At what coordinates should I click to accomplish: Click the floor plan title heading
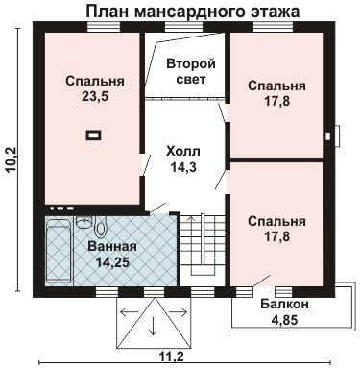coord(193,11)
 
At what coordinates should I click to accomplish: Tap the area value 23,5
coord(95,96)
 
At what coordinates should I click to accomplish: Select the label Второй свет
coord(191,71)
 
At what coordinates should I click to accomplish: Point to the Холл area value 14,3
coord(183,167)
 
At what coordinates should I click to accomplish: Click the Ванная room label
coord(112,247)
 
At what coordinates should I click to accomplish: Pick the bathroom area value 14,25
coord(113,262)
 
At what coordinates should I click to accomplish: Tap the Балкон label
coord(284,304)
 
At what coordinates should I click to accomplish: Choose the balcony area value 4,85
coord(284,320)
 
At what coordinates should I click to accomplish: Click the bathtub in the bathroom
coord(59,253)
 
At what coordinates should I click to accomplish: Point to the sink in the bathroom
coord(84,222)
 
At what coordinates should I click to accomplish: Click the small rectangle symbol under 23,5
coord(93,135)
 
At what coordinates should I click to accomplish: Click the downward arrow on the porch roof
coord(154,323)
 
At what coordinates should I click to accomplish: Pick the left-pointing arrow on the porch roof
coord(130,311)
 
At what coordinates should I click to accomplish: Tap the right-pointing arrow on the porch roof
coord(177,311)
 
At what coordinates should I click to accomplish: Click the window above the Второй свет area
coord(179,27)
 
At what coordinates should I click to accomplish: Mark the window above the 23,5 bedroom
coord(104,27)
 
